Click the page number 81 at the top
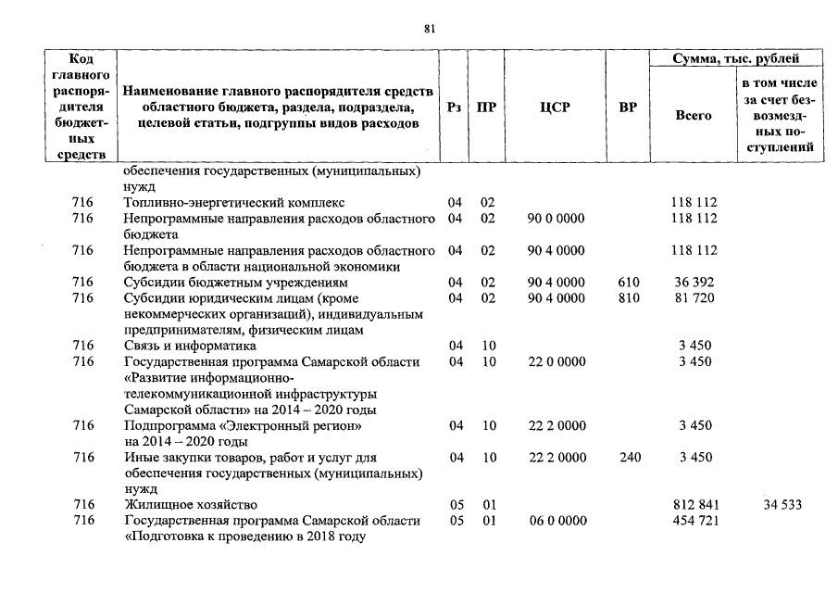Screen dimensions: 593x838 (429, 29)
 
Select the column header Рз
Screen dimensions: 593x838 (454, 107)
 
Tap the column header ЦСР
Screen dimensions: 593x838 (554, 107)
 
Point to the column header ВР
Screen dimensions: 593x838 (627, 107)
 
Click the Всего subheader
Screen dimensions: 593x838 (694, 116)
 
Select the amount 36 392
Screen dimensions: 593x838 (694, 282)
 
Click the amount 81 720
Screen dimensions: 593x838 (694, 297)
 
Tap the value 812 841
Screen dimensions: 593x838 (694, 505)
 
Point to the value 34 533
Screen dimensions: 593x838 (782, 505)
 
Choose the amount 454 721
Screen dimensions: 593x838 (694, 521)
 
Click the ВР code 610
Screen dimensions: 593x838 (627, 282)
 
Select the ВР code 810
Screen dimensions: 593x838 (627, 297)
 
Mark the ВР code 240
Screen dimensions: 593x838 (627, 457)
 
